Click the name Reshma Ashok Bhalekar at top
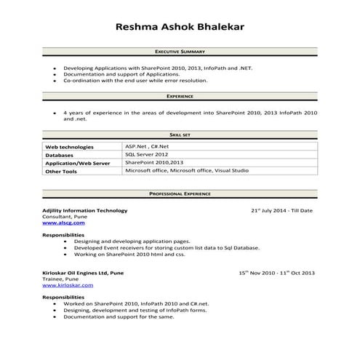(x=180, y=27)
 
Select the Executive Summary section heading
(x=180, y=52)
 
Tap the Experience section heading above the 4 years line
(x=180, y=96)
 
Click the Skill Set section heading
(x=180, y=135)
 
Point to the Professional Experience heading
(x=180, y=194)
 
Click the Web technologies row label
(x=69, y=147)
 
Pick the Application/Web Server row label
(x=77, y=164)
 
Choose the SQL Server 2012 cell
(x=146, y=154)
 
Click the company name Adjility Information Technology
(x=84, y=210)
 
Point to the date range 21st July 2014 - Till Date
(x=281, y=210)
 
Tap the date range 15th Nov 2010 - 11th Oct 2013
(x=276, y=273)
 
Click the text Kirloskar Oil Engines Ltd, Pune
(x=82, y=273)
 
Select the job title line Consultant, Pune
(x=63, y=217)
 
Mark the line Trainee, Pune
(x=60, y=279)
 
